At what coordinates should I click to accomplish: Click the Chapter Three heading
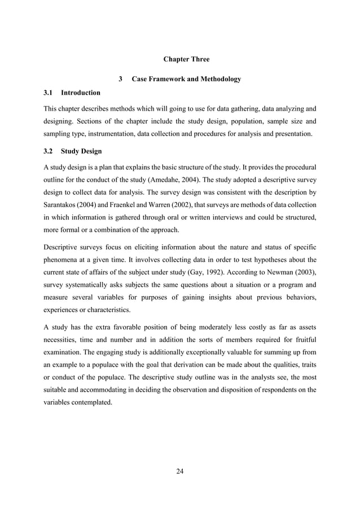point(186,59)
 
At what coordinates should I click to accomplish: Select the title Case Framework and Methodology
point(186,79)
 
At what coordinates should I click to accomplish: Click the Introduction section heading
point(81,93)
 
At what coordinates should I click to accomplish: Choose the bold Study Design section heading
point(82,151)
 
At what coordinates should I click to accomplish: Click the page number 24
point(180,471)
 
